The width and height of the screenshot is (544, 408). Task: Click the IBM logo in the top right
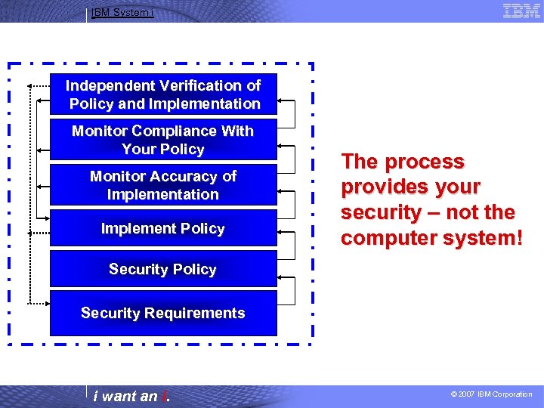(521, 11)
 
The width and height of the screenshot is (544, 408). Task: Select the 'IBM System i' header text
(122, 12)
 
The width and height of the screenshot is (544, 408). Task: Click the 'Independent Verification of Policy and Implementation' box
(163, 94)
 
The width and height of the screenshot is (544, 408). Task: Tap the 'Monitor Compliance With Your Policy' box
(163, 140)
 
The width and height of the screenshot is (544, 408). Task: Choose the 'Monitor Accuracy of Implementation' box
(163, 185)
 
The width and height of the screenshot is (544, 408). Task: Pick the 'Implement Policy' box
(163, 228)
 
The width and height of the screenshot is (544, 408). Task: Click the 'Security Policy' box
(163, 270)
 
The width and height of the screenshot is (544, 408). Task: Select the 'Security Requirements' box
(163, 313)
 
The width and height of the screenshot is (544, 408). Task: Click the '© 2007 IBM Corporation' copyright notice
(491, 394)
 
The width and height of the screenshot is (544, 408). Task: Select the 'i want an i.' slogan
(131, 396)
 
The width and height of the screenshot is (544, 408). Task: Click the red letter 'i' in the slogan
(164, 396)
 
